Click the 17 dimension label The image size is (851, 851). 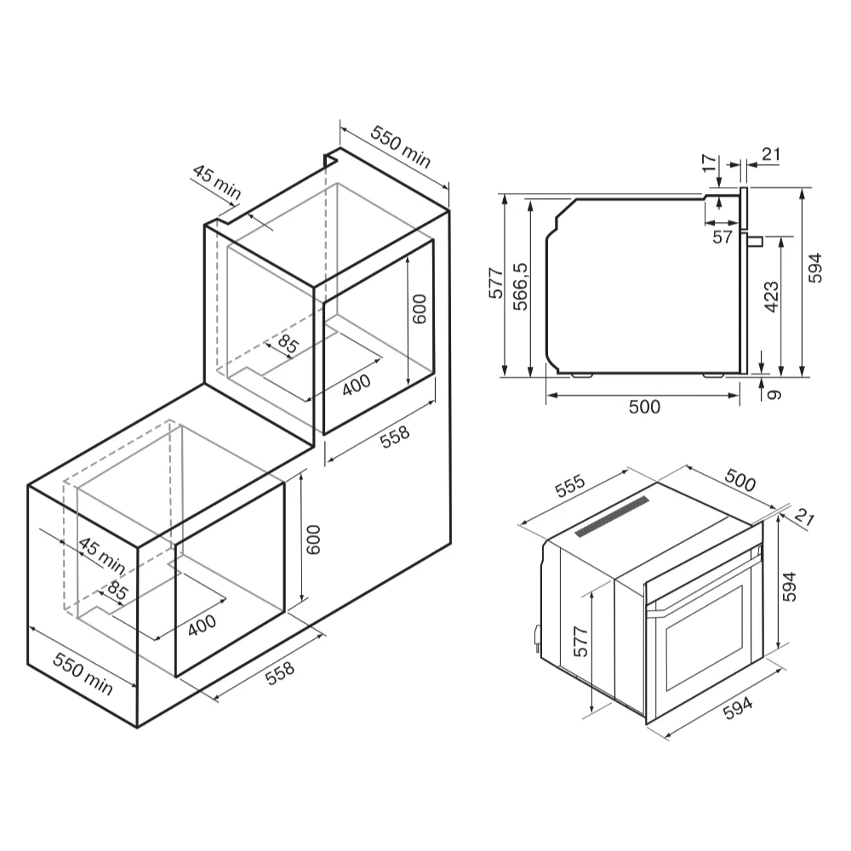[708, 163]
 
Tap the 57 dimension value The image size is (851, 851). [722, 237]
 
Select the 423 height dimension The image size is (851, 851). [771, 297]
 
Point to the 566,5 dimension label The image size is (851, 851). [520, 287]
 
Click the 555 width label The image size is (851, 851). [570, 486]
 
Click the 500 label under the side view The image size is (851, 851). [644, 407]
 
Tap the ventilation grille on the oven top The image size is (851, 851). [612, 517]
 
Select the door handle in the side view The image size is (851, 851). [756, 241]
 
